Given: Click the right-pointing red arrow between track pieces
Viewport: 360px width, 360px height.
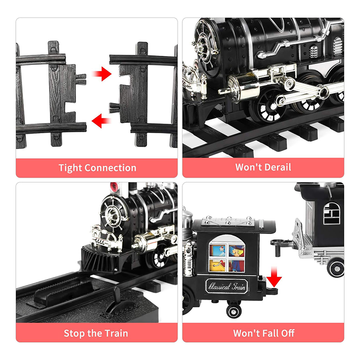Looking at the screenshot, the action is click(102, 74).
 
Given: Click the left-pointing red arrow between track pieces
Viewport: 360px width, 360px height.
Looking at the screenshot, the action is click(102, 121).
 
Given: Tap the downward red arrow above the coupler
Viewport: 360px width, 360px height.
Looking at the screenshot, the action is click(274, 277).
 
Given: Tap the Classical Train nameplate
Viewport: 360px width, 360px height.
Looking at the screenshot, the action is click(227, 286).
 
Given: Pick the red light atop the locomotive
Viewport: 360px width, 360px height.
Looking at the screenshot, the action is click(114, 187).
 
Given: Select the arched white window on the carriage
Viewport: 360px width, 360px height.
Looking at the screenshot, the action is click(332, 213).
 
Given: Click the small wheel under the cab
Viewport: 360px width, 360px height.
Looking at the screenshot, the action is click(234, 311).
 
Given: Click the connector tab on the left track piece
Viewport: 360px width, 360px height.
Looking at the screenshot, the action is click(81, 79).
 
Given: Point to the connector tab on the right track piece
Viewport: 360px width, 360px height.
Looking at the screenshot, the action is click(114, 108).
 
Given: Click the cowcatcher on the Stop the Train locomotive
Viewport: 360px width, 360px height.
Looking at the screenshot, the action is click(101, 258).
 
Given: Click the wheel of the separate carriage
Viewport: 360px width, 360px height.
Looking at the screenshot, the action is click(336, 268).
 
